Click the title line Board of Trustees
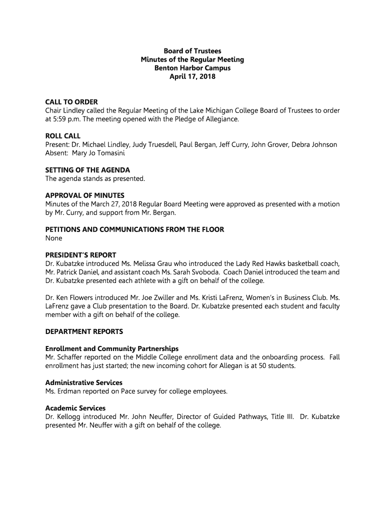point(192,51)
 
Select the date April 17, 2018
point(192,77)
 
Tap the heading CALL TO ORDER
point(71,102)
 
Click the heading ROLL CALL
point(63,136)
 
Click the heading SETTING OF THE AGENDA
point(87,170)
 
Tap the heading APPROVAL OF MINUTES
point(85,195)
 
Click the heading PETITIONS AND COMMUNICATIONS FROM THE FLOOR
point(134,229)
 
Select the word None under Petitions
point(54,238)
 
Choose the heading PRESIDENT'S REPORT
point(80,255)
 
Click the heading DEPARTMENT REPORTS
point(84,331)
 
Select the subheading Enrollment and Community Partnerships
point(112,348)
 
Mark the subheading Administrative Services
point(83,382)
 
